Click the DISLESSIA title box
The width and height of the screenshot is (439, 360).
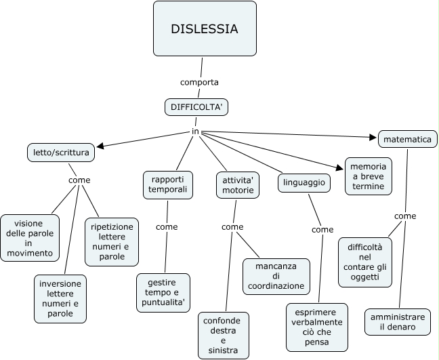coord(205,28)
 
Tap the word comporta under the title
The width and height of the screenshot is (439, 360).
coord(199,82)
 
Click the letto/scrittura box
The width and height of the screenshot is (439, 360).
coord(61,153)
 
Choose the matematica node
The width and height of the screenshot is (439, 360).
coord(407,139)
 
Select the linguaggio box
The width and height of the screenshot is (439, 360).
coord(303,182)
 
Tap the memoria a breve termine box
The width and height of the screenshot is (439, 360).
coord(368,176)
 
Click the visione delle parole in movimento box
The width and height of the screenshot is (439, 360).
coord(29,237)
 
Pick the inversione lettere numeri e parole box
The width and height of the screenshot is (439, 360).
coord(60,299)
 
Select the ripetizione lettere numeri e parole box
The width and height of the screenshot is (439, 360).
coord(112,241)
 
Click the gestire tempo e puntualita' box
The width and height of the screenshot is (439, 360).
coord(163,292)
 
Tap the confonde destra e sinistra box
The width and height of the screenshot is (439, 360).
coord(223,335)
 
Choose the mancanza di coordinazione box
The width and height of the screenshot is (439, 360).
coord(276,276)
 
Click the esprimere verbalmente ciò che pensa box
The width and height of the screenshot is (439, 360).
coord(316,327)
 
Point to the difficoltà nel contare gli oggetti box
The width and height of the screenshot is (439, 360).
coord(365,262)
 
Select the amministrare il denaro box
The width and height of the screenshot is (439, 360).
coord(398,322)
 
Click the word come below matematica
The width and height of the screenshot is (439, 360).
coord(405,216)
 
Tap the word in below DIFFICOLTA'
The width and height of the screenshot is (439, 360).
coord(195,131)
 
